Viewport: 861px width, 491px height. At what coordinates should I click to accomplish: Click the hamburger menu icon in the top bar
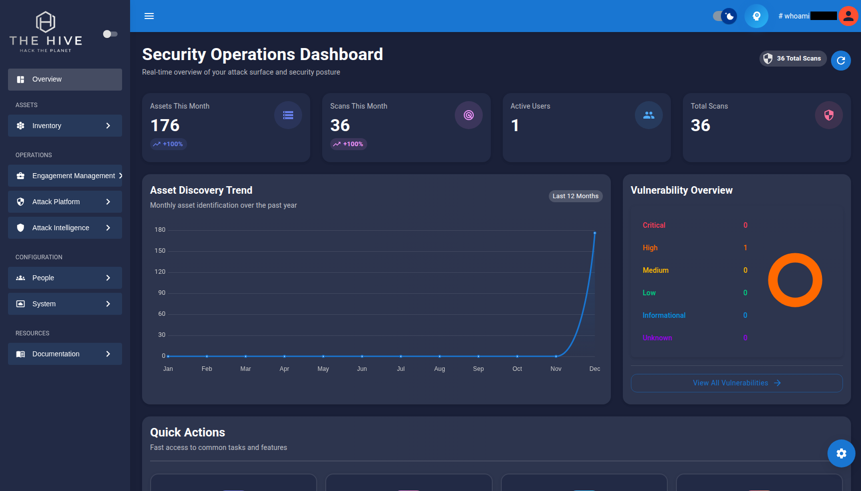(x=149, y=16)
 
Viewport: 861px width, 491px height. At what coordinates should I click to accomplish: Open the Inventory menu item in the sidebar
(x=65, y=126)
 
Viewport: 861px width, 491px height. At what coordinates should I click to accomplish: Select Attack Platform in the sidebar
(x=65, y=202)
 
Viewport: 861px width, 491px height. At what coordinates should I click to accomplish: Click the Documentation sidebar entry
(x=65, y=354)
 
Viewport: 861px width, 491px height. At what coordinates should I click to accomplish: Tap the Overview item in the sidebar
(x=65, y=80)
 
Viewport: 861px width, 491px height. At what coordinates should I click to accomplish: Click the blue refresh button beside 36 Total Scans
(x=841, y=61)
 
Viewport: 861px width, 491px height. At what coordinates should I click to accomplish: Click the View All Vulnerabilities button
(x=736, y=383)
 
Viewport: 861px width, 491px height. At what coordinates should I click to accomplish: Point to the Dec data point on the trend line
(x=595, y=233)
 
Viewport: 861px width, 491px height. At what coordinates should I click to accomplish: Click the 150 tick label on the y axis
(x=160, y=251)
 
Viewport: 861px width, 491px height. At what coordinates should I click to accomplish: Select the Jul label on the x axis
(x=401, y=369)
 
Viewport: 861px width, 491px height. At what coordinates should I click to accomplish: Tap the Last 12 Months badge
(x=575, y=196)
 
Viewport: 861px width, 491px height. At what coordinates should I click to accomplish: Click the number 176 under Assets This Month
(x=165, y=125)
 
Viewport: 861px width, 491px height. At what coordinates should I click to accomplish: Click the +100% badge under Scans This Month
(x=349, y=144)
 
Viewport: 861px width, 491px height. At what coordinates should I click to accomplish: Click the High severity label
(x=650, y=248)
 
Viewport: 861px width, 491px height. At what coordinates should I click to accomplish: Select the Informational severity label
(x=664, y=315)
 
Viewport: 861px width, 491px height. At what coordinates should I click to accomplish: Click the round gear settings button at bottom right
(x=841, y=453)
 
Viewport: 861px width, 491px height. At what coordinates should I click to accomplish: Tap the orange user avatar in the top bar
(x=848, y=16)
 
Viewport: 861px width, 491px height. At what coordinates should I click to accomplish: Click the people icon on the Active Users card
(x=649, y=115)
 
